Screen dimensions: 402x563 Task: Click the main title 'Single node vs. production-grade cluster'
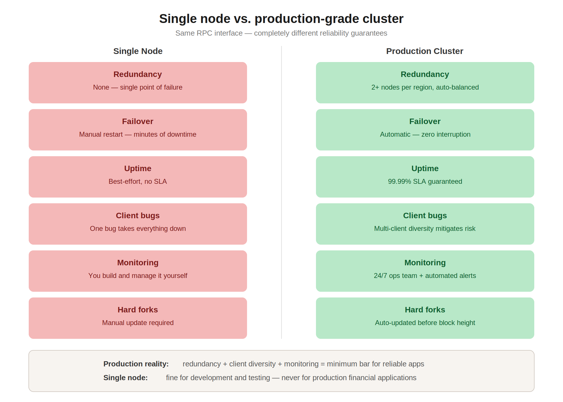281,19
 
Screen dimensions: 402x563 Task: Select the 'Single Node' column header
138,51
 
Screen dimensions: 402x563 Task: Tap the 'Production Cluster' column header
425,51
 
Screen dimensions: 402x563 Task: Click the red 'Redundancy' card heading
138,74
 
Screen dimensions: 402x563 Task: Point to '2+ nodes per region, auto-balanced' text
425,87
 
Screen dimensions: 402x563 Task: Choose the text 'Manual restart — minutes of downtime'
138,134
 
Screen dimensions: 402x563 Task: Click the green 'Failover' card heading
425,121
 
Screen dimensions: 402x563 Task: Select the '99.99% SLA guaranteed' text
425,181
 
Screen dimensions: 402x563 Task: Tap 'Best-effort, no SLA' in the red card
138,181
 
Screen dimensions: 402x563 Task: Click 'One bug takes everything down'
138,229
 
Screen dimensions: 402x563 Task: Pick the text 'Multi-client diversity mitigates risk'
425,229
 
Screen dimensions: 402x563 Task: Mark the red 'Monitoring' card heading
138,263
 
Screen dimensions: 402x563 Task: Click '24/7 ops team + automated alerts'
425,276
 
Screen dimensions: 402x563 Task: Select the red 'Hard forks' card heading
138,310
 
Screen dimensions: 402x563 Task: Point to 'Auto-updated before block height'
425,323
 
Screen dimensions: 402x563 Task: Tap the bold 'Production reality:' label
136,364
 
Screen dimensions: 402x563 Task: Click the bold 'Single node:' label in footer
126,378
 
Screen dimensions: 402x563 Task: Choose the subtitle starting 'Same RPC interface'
281,33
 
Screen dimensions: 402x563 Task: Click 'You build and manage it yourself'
138,276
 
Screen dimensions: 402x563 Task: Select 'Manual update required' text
138,323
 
